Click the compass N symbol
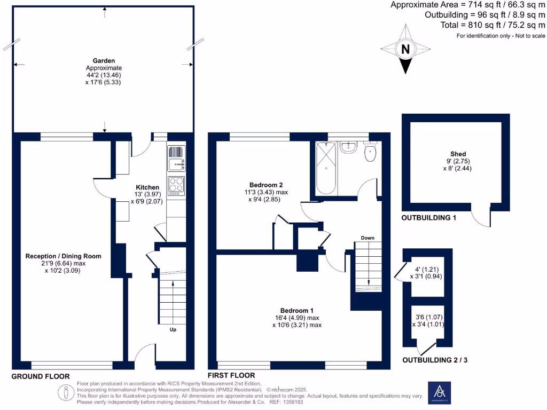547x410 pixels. (405, 50)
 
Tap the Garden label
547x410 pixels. (104, 61)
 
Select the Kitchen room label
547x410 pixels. (147, 187)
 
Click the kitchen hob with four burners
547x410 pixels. (176, 185)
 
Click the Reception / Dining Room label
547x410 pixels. (63, 256)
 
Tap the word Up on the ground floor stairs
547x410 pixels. (173, 329)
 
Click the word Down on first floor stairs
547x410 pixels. (368, 238)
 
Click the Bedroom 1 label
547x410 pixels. (297, 311)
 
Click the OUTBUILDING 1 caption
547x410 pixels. (429, 218)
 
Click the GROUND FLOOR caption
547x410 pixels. (41, 376)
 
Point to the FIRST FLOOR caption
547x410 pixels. (231, 375)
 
